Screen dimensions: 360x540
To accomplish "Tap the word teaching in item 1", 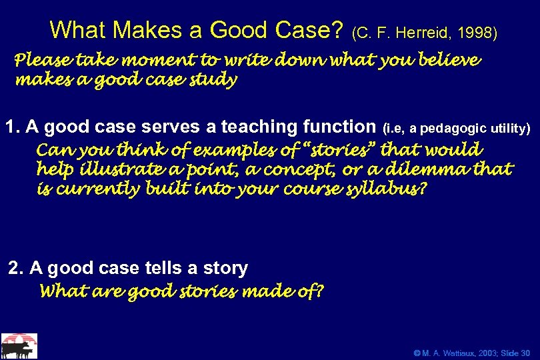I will click(x=259, y=126).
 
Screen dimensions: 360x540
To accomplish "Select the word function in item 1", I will click(x=340, y=126).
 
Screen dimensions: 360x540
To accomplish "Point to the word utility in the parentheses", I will click(x=509, y=127).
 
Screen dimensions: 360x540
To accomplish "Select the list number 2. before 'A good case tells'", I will click(x=16, y=268).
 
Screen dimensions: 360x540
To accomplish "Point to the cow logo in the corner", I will click(x=19, y=346).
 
